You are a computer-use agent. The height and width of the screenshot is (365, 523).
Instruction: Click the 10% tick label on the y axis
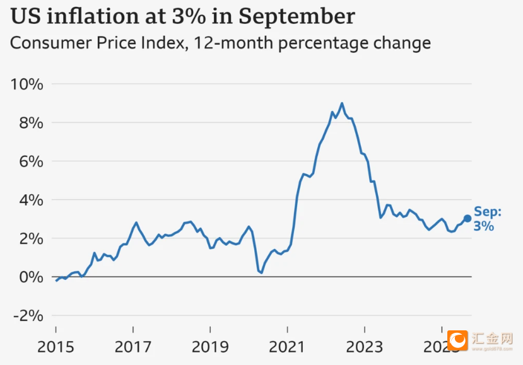(26, 84)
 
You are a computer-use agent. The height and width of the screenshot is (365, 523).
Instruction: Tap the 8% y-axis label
(30, 122)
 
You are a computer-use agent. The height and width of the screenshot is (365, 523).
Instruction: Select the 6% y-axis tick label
(30, 161)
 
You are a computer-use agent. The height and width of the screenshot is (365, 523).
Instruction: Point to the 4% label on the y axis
(30, 200)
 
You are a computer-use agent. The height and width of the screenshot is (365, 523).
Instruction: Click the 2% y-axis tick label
(30, 239)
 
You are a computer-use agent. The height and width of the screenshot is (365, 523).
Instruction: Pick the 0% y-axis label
(30, 277)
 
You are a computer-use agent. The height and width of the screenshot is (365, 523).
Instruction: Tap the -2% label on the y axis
(26, 316)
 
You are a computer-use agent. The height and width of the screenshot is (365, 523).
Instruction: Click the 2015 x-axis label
(56, 347)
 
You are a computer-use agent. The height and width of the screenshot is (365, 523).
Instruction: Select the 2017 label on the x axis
(133, 347)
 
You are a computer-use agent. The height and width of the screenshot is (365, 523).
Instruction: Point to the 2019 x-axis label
(210, 347)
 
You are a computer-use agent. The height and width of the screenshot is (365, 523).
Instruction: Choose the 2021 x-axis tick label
(288, 347)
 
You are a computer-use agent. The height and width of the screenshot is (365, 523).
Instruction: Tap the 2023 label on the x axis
(365, 347)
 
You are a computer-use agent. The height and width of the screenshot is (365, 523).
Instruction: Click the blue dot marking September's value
(467, 218)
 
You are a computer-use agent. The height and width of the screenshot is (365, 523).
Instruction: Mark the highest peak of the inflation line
(342, 103)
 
